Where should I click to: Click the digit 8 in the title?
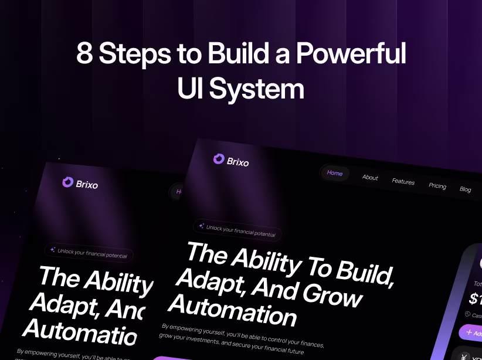pos(84,55)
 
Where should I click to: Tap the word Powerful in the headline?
pos(351,55)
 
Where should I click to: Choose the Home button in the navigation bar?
pos(335,173)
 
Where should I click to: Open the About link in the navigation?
pos(370,177)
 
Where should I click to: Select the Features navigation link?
pos(403,181)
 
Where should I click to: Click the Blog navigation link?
pos(465,189)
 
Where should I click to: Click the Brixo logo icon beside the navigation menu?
pos(219,158)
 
